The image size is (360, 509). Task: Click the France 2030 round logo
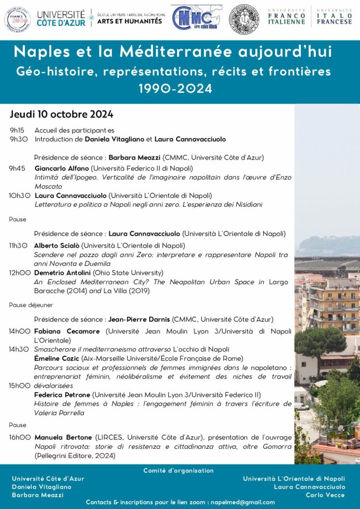[x=17, y=19]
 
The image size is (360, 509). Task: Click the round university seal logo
[x=244, y=19]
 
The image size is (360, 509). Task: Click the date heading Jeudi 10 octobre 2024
[x=62, y=115]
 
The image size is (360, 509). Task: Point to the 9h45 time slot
[x=17, y=168]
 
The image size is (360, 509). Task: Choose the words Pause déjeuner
[x=31, y=305]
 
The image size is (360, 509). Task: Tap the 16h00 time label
[x=20, y=437]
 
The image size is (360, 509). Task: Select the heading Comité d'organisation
[x=179, y=470]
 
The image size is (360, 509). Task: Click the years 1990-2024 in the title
[x=180, y=89]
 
